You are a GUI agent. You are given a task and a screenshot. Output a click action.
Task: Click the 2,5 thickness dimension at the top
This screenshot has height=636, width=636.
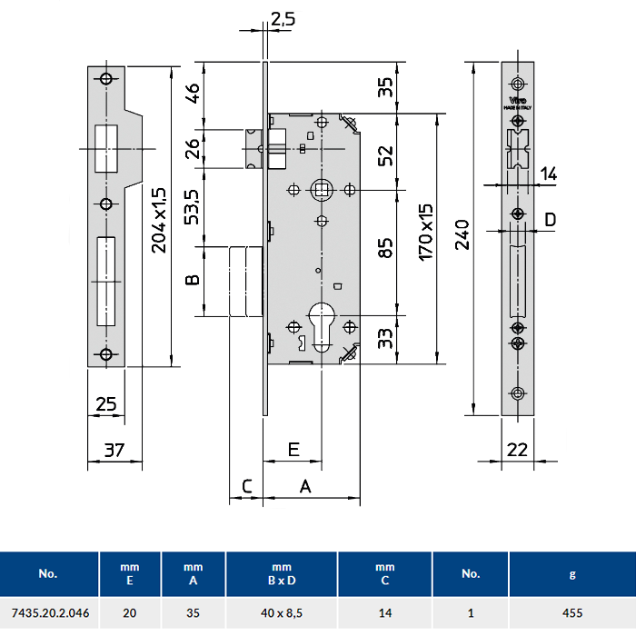pyautogui.click(x=283, y=17)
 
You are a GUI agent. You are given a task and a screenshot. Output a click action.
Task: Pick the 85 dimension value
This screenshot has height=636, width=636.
pyautogui.click(x=385, y=247)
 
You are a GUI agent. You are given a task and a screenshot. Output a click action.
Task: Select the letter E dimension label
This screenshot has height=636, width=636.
pyautogui.click(x=293, y=449)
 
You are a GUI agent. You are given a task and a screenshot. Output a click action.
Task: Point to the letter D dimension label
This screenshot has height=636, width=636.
pyautogui.click(x=551, y=219)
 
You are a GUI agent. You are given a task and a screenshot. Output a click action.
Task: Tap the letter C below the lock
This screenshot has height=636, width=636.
pyautogui.click(x=246, y=487)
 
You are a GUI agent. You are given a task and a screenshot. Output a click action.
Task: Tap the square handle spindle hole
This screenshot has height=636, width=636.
pyautogui.click(x=321, y=190)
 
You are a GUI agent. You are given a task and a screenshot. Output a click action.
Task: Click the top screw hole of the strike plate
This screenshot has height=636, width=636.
pyautogui.click(x=106, y=79)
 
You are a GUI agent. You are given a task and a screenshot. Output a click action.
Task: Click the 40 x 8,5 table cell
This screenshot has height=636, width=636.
pyautogui.click(x=282, y=613)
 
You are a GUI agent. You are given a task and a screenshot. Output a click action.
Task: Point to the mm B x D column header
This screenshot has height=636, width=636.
pyautogui.click(x=282, y=574)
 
